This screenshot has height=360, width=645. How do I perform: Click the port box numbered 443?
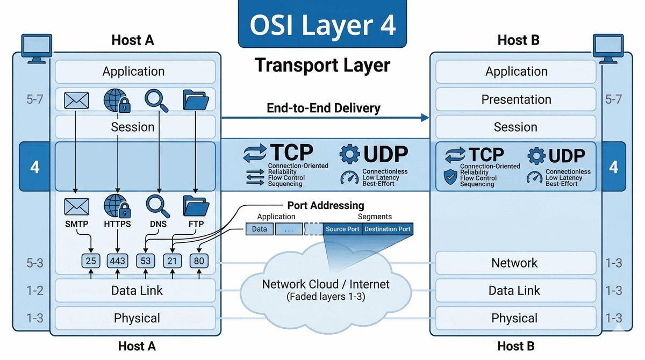click(x=117, y=261)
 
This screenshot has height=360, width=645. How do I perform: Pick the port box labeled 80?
click(x=199, y=261)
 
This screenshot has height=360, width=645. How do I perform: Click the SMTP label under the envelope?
click(x=76, y=224)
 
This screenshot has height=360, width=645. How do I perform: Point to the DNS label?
click(x=158, y=224)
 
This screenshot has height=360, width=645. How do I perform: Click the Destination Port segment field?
click(x=387, y=229)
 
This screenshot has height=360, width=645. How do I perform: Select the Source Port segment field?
click(x=342, y=229)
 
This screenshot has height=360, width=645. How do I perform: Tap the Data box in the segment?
click(x=259, y=229)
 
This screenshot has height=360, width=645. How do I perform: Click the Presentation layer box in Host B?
click(x=516, y=99)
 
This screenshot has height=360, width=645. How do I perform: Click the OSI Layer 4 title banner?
click(x=322, y=24)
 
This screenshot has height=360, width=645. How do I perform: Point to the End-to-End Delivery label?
click(x=324, y=108)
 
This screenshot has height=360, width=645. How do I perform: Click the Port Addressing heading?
click(x=325, y=205)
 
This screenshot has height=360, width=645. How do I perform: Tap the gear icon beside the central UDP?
click(x=350, y=154)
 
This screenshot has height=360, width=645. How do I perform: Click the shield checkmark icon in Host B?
click(x=450, y=177)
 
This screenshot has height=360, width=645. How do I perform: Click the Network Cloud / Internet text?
click(x=326, y=284)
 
